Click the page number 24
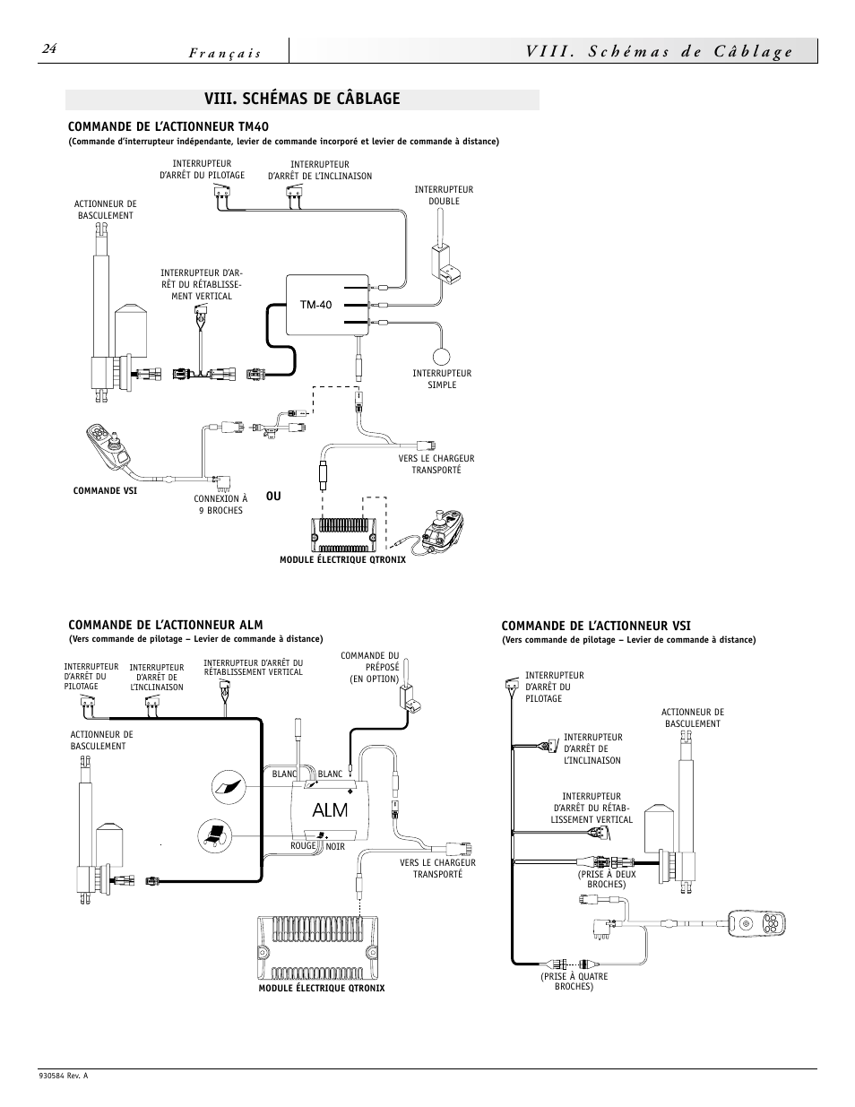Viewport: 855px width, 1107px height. click(x=49, y=50)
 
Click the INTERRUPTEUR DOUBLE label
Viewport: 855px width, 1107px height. click(x=443, y=195)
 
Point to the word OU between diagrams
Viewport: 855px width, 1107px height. click(x=272, y=497)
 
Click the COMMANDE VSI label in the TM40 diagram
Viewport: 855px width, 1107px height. click(x=104, y=491)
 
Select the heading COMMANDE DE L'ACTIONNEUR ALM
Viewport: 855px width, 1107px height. click(x=166, y=625)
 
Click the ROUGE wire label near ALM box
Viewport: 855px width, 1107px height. click(x=303, y=846)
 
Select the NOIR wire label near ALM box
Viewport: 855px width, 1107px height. click(x=335, y=846)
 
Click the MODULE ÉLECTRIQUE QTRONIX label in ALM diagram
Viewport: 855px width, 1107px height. click(x=321, y=988)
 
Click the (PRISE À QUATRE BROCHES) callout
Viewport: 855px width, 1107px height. click(x=574, y=982)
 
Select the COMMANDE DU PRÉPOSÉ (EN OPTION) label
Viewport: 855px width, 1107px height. click(x=369, y=667)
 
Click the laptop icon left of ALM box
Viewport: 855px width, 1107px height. click(x=215, y=835)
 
